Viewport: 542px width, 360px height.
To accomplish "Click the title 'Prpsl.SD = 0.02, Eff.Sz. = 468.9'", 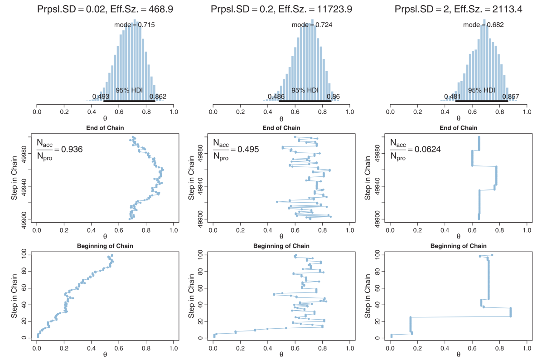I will (x=105, y=10).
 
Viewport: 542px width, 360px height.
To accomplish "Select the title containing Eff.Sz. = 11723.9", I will (x=281, y=10).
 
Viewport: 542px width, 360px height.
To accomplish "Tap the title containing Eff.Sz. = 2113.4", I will (x=458, y=10).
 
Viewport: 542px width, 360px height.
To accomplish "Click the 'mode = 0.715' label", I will (x=134, y=25).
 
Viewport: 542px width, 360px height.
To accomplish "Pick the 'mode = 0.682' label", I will (x=483, y=25).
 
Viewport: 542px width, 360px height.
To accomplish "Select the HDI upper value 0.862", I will (x=158, y=96).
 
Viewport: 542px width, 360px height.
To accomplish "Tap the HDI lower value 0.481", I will (x=452, y=96).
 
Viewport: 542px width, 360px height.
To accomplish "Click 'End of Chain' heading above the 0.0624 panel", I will (x=458, y=128).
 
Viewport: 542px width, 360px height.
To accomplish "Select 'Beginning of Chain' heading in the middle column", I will (x=281, y=246).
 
